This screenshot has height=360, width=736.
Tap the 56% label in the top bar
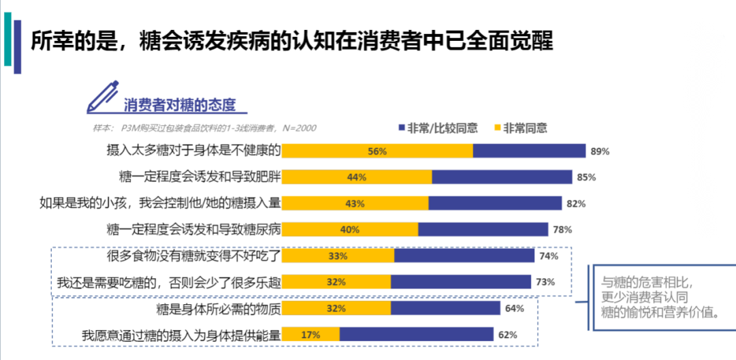click(x=377, y=151)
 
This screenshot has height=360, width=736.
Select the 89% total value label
click(x=600, y=151)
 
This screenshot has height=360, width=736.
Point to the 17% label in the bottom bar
click(x=311, y=335)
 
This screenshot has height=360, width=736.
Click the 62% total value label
click(x=508, y=335)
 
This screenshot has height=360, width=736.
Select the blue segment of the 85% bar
click(x=502, y=177)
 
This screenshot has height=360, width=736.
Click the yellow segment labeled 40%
click(x=350, y=230)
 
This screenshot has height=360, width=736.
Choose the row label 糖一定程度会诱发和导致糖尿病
click(x=194, y=229)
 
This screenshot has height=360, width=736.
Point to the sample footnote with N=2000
click(x=204, y=127)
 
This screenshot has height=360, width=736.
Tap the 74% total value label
click(x=549, y=256)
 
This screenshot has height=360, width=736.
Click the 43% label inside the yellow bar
click(x=355, y=204)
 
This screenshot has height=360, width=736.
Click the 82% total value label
click(x=576, y=204)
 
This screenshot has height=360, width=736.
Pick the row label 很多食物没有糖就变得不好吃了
click(x=194, y=256)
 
